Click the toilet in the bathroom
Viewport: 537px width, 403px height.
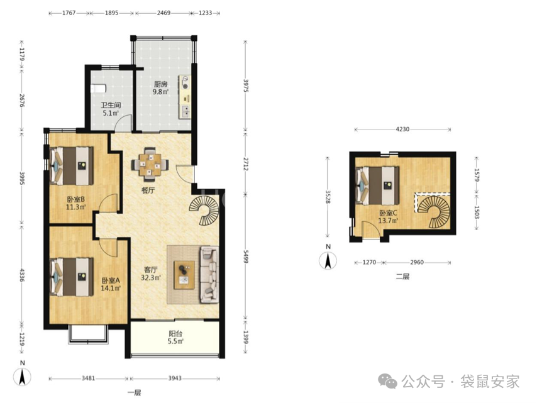point(98,89)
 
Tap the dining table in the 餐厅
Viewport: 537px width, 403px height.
point(150,164)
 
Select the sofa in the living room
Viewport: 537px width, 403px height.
point(209,275)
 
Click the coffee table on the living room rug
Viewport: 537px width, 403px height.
point(184,275)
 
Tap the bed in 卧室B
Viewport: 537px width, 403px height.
point(72,166)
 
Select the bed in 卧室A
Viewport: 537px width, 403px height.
point(72,277)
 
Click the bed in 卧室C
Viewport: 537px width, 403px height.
point(378,185)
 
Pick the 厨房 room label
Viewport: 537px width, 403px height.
point(160,84)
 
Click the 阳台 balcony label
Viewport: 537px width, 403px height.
point(175,333)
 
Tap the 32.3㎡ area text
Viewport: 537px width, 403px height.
point(151,278)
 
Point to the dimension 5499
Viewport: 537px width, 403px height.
point(245,256)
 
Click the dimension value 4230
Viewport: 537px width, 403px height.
point(402,130)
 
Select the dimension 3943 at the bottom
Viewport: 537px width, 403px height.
point(175,378)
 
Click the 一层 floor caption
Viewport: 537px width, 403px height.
point(134,393)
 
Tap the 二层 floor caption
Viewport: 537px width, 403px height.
point(402,276)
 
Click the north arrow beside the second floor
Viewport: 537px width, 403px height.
point(328,261)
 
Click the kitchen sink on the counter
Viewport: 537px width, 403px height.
point(185,111)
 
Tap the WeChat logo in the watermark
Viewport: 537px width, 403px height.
point(387,381)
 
